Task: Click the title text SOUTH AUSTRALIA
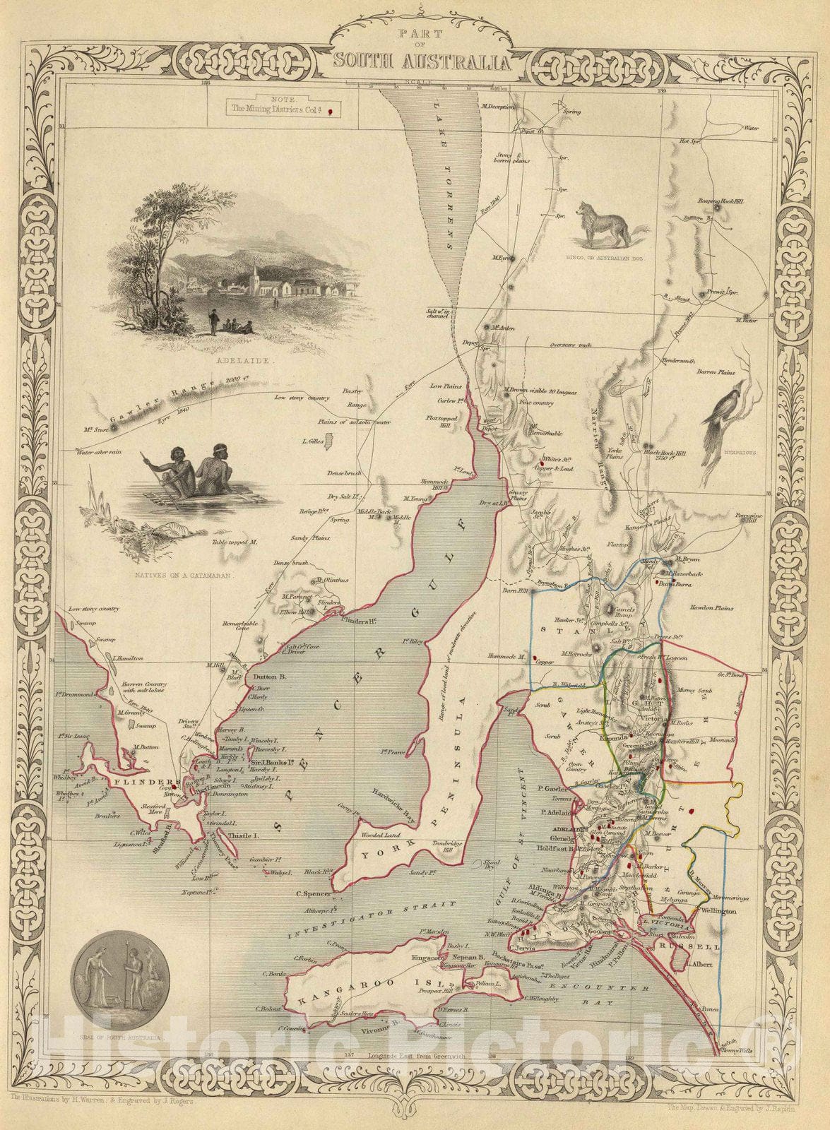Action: pyautogui.click(x=420, y=62)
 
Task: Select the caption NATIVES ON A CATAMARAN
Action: pyautogui.click(x=183, y=576)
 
